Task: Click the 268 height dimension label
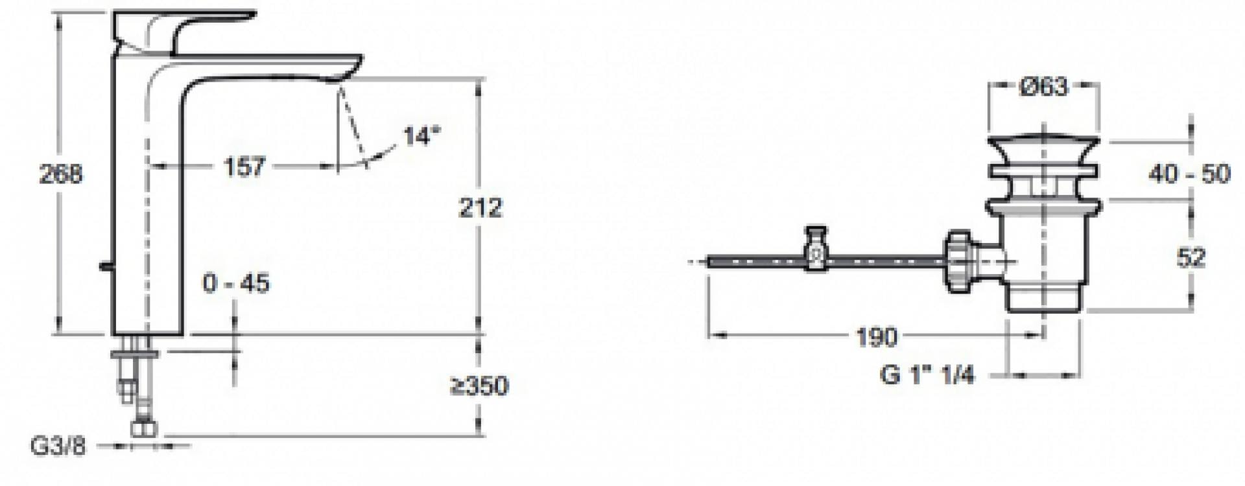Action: (x=61, y=174)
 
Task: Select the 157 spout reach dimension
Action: (x=244, y=167)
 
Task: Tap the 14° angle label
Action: (x=421, y=136)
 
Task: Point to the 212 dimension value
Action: (x=481, y=207)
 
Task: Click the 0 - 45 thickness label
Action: (x=236, y=283)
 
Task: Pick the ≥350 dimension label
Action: (x=480, y=386)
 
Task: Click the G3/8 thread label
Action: (x=58, y=446)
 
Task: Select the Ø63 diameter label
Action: (x=1043, y=86)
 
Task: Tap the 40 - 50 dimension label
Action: (x=1189, y=174)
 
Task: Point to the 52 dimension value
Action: (x=1191, y=257)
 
